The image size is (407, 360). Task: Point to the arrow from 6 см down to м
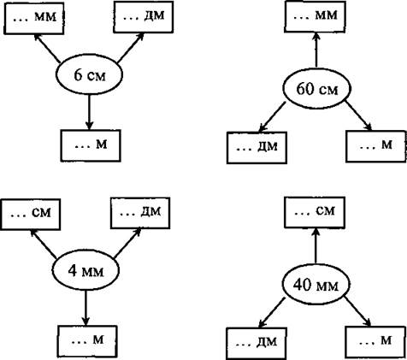[x=89, y=112]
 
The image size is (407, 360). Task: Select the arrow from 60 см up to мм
[x=316, y=50]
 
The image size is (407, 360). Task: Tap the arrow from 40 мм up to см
[x=316, y=245]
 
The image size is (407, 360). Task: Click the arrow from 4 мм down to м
[x=86, y=308]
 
